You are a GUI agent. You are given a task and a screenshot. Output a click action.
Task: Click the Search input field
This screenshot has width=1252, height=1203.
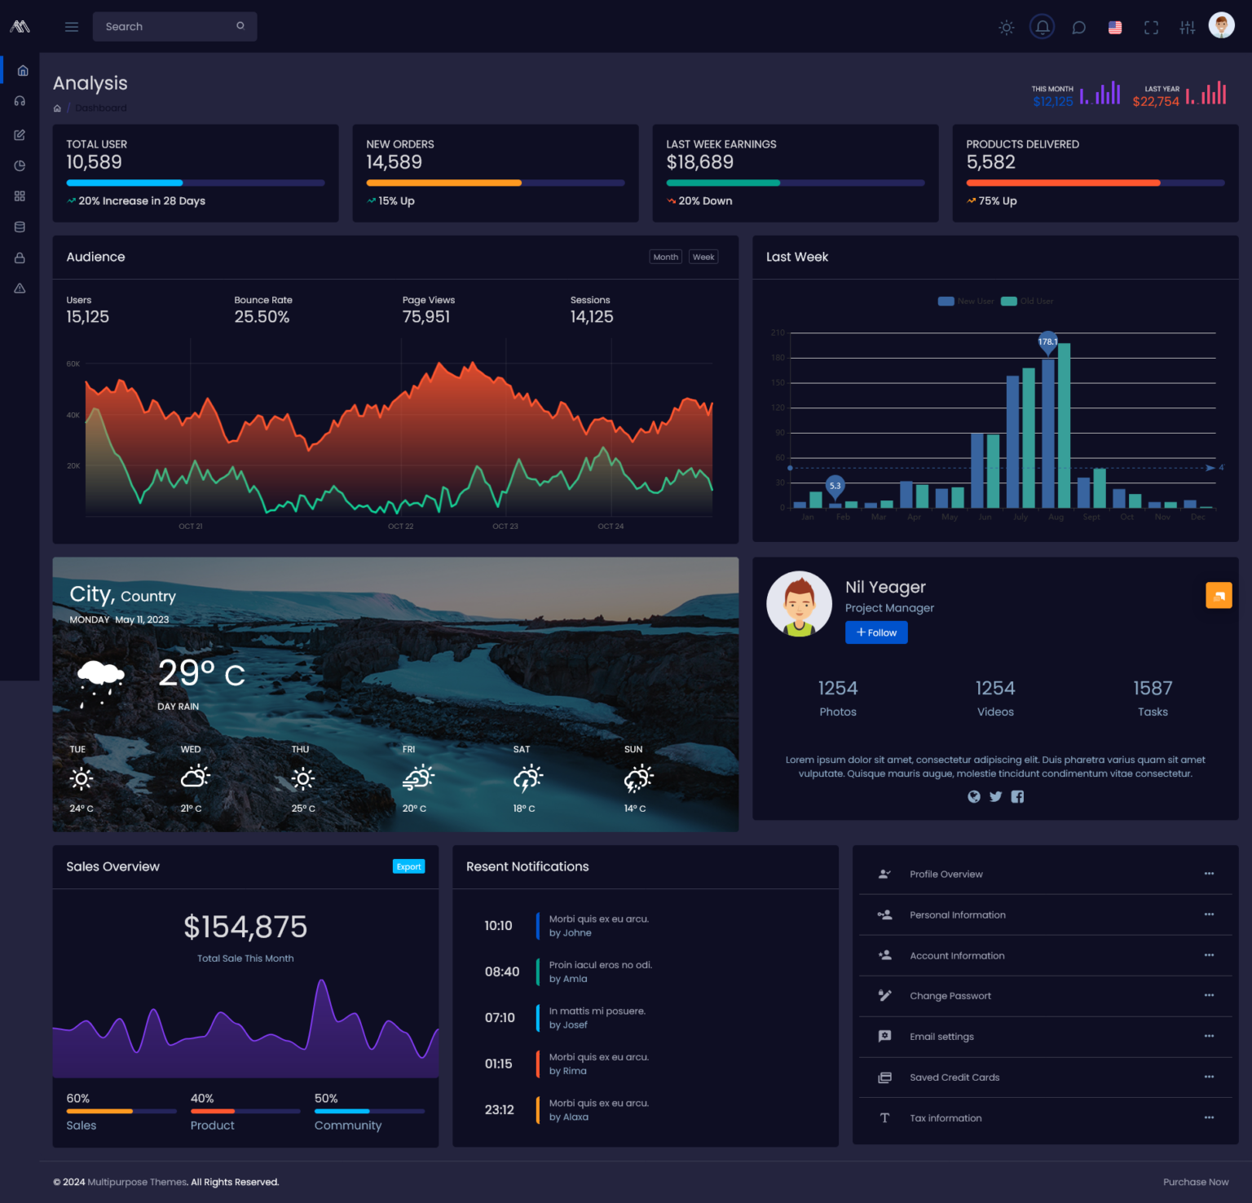tap(167, 26)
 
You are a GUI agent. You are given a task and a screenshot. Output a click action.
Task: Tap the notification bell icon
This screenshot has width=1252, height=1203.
tap(1042, 27)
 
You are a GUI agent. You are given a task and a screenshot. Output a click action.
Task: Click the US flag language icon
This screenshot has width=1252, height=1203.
tap(1115, 28)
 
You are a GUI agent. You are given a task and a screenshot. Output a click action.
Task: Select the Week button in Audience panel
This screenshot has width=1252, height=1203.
tap(703, 257)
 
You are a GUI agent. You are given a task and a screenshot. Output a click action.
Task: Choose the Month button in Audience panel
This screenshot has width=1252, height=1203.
tap(665, 257)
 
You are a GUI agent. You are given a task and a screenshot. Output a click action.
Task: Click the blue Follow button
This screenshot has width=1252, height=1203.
tap(876, 632)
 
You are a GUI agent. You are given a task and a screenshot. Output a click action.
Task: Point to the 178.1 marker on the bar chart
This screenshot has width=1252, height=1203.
tap(1047, 342)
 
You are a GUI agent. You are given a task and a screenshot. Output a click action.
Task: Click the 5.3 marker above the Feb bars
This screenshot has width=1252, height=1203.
tap(835, 486)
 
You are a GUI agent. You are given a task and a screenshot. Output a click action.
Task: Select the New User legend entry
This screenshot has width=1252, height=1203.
tap(966, 302)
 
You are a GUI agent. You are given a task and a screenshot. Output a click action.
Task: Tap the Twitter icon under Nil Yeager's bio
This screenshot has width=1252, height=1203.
tap(995, 797)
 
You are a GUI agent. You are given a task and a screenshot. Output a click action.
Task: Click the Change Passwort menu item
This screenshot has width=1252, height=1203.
tap(950, 996)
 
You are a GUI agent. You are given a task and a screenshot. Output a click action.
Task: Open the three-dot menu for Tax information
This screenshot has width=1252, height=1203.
tap(1209, 1117)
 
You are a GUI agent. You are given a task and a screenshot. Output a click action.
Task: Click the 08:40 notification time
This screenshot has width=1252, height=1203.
tap(501, 972)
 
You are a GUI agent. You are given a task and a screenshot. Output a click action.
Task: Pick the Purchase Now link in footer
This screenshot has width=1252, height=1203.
tap(1195, 1182)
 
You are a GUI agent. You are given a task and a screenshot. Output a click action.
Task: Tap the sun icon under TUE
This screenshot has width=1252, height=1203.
tap(82, 778)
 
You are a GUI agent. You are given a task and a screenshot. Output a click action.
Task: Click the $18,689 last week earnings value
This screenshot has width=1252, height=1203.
tap(699, 162)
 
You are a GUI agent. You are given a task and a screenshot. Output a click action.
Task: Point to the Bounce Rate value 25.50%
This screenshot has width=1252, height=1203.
tap(262, 317)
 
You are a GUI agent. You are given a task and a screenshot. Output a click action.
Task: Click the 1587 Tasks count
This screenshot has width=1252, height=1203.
tap(1153, 689)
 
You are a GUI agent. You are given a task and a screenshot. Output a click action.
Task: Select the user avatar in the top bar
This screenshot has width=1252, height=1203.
tap(1221, 26)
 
